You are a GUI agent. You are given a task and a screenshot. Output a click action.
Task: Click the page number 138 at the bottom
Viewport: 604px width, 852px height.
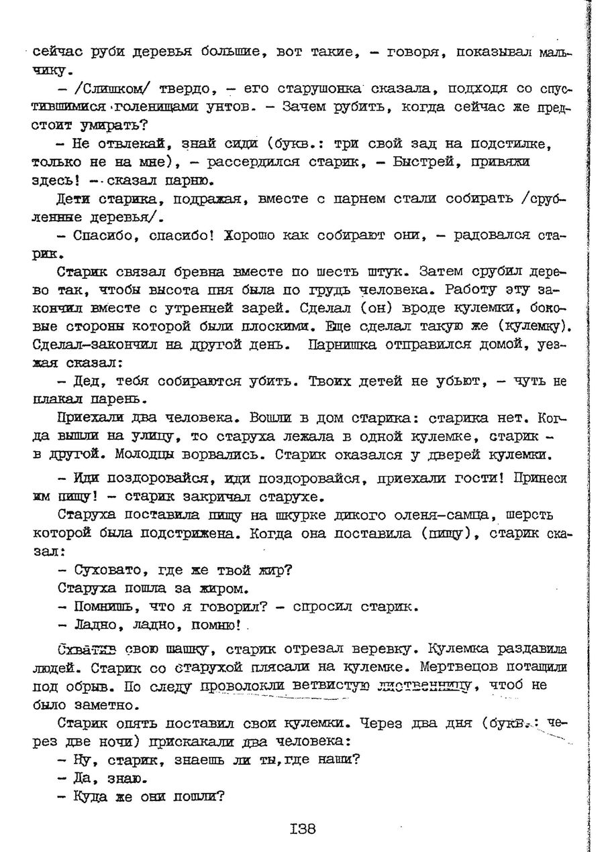pyautogui.click(x=302, y=828)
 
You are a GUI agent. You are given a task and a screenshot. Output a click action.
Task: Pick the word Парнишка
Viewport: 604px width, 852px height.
pyautogui.click(x=345, y=345)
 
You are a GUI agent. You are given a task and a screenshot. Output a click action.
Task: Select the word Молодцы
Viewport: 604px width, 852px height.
pyautogui.click(x=135, y=454)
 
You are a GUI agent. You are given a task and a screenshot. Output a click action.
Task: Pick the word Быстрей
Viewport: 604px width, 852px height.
pyautogui.click(x=427, y=162)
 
